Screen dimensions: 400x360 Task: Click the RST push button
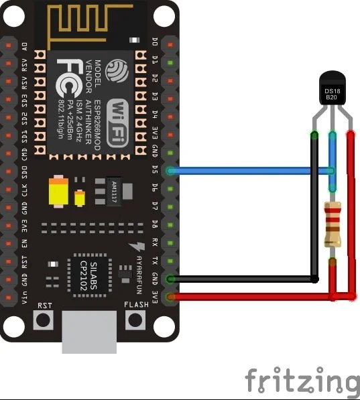(x=44, y=319)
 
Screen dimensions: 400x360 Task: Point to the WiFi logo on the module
(x=119, y=119)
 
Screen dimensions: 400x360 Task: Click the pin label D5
(x=156, y=170)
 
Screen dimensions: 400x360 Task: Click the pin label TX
(x=156, y=261)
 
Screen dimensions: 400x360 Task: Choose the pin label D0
(x=156, y=44)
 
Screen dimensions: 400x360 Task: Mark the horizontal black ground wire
(x=241, y=279)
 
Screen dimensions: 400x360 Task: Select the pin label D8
(x=156, y=224)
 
